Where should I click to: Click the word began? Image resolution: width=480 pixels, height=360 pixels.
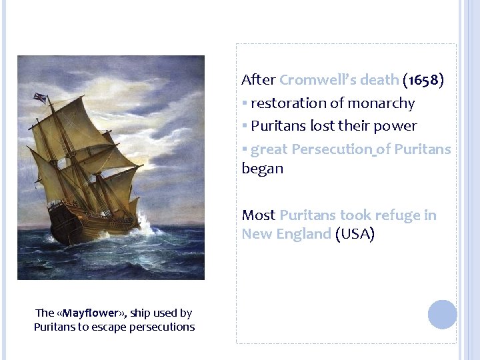click(x=262, y=169)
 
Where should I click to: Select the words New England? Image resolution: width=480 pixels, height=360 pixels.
click(x=286, y=234)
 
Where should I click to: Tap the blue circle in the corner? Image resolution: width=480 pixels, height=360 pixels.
click(x=442, y=314)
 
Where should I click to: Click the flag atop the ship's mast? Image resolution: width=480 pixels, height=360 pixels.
click(x=40, y=99)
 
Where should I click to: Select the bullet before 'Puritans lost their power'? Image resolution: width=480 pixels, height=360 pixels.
click(x=245, y=126)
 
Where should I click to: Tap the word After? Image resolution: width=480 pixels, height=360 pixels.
click(x=258, y=80)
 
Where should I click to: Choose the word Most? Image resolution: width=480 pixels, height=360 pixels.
click(x=258, y=215)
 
